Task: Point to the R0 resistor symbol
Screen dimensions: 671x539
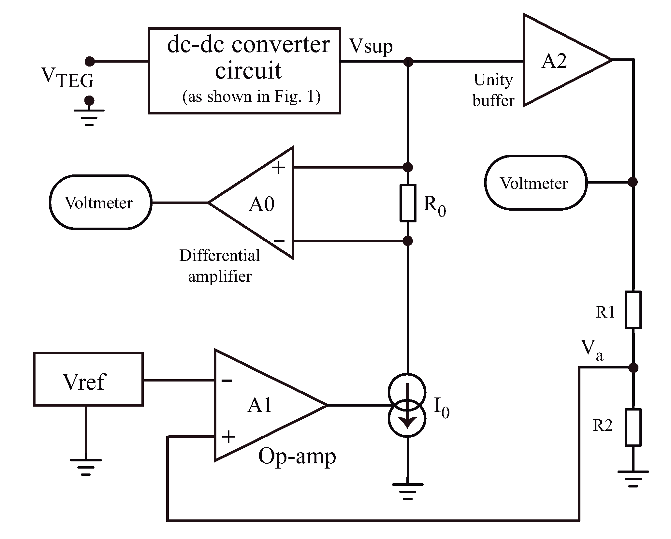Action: click(x=408, y=203)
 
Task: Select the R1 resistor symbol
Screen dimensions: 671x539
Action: click(x=633, y=310)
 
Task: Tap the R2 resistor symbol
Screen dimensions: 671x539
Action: click(x=633, y=427)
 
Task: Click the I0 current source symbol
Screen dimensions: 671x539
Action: click(x=407, y=405)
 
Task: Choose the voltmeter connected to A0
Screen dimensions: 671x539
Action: click(x=100, y=202)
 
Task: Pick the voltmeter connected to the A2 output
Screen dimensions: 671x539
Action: click(x=536, y=183)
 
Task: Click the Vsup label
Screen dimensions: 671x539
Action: click(x=371, y=47)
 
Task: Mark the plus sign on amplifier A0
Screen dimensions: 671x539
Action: click(x=278, y=168)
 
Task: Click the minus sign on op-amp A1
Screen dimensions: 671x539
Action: click(x=226, y=380)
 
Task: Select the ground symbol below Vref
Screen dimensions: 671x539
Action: click(x=86, y=467)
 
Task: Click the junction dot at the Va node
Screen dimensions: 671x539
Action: click(x=633, y=368)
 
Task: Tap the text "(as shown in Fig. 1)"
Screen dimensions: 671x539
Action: click(x=251, y=97)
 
